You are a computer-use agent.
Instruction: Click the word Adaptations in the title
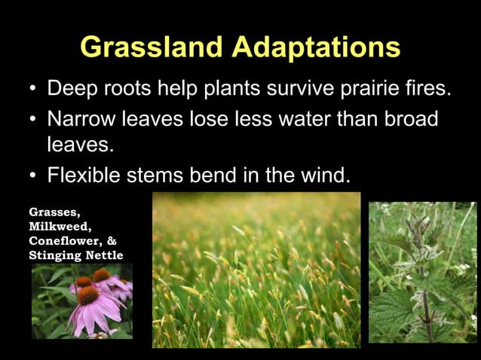(316, 47)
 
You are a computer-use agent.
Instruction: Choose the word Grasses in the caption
(53, 212)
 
